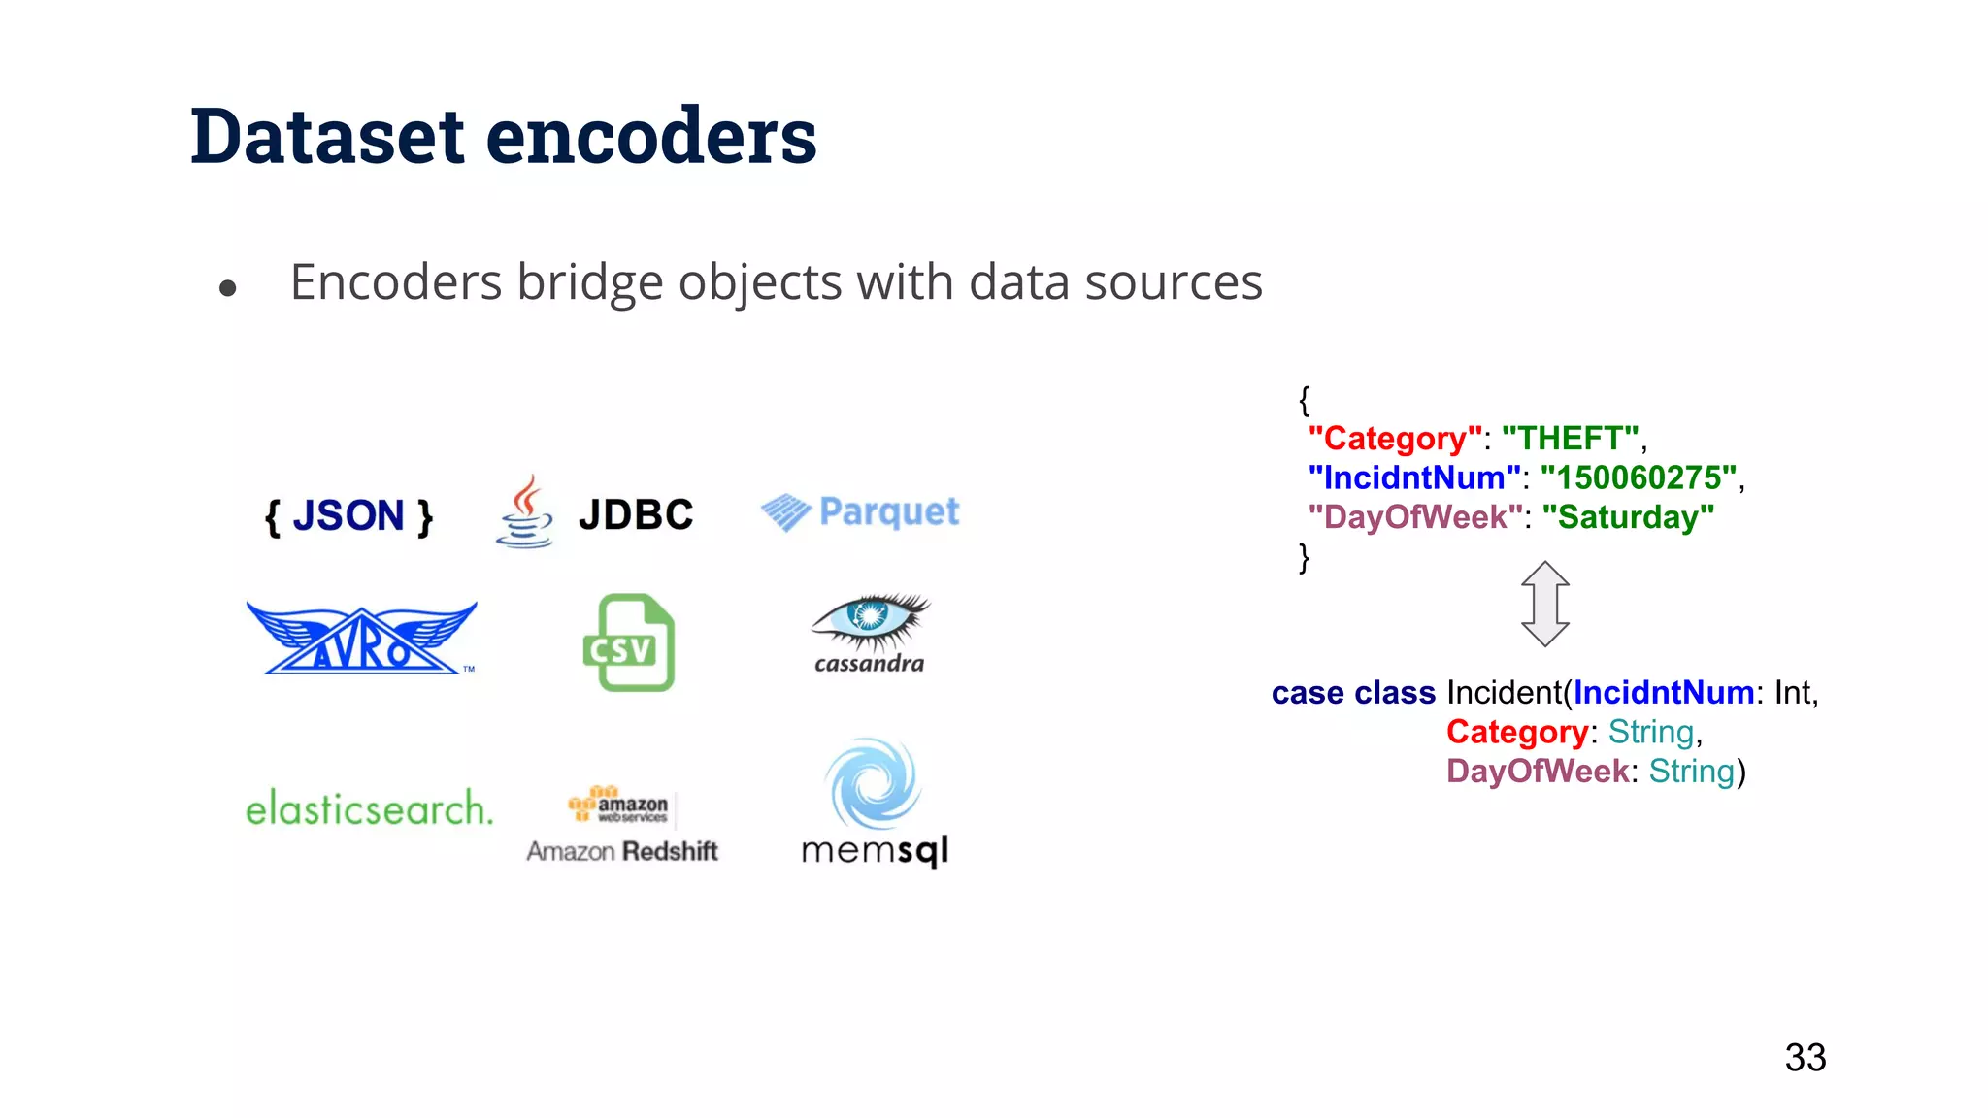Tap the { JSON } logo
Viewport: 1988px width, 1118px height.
[348, 515]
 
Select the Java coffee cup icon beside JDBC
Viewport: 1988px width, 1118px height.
[525, 511]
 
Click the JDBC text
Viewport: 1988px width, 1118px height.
[636, 514]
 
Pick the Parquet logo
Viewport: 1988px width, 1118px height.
[860, 511]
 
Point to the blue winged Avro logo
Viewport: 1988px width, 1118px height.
[361, 638]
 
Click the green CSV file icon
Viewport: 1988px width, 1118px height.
[629, 642]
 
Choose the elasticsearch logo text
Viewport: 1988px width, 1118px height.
[369, 807]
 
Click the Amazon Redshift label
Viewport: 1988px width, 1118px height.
[622, 851]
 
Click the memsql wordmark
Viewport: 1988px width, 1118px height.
[875, 850]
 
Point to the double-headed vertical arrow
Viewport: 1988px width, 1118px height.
[1544, 604]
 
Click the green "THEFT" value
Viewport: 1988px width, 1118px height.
[1571, 439]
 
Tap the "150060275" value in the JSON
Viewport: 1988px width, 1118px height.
[1639, 477]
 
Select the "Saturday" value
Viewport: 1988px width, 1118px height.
[1636, 517]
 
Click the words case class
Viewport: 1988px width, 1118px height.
[1353, 693]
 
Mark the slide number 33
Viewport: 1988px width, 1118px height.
[1805, 1057]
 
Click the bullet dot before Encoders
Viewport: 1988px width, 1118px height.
[228, 287]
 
